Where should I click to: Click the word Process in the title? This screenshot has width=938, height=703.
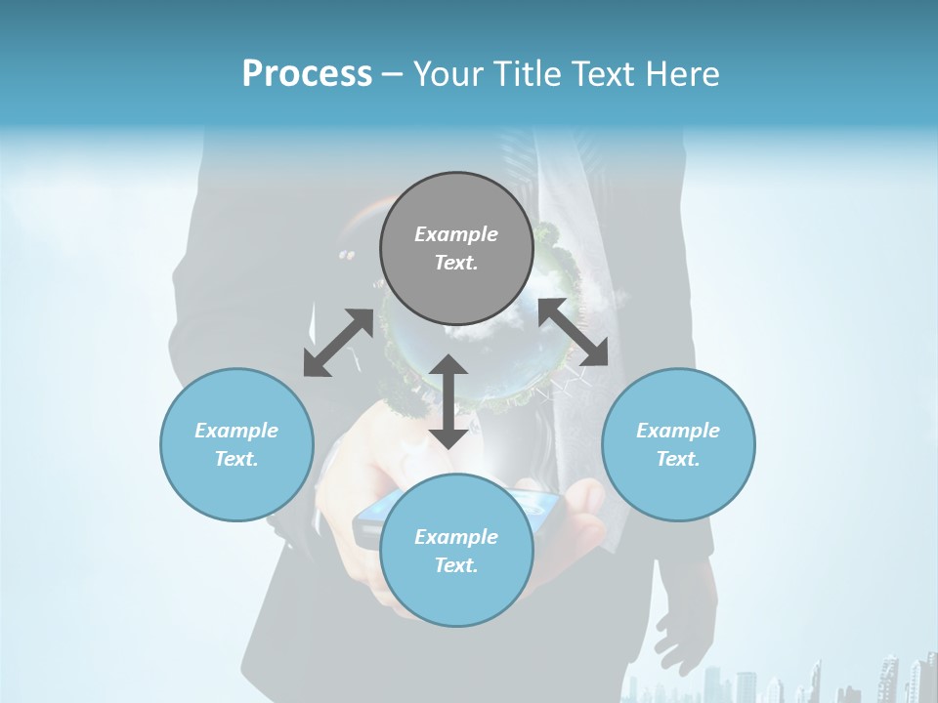pyautogui.click(x=307, y=73)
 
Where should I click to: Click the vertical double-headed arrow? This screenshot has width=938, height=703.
pyautogui.click(x=448, y=401)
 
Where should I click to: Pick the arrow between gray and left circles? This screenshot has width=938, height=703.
pyautogui.click(x=338, y=343)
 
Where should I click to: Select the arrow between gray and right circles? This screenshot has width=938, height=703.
pyautogui.click(x=574, y=332)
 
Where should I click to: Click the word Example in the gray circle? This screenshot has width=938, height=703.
pyautogui.click(x=456, y=234)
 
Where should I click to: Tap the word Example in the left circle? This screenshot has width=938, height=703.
pyautogui.click(x=236, y=431)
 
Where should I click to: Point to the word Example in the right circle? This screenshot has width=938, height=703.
pyautogui.click(x=678, y=431)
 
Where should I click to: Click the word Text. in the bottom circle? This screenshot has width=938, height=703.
pyautogui.click(x=456, y=565)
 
